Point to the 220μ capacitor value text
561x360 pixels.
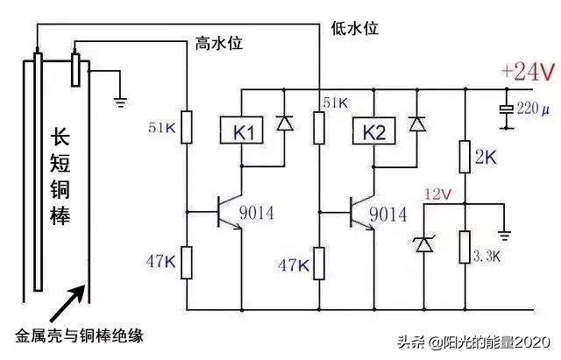click(536, 111)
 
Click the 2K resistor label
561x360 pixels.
click(485, 159)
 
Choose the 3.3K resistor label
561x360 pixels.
click(487, 256)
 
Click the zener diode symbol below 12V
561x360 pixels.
click(424, 244)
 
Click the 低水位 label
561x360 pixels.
click(355, 28)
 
